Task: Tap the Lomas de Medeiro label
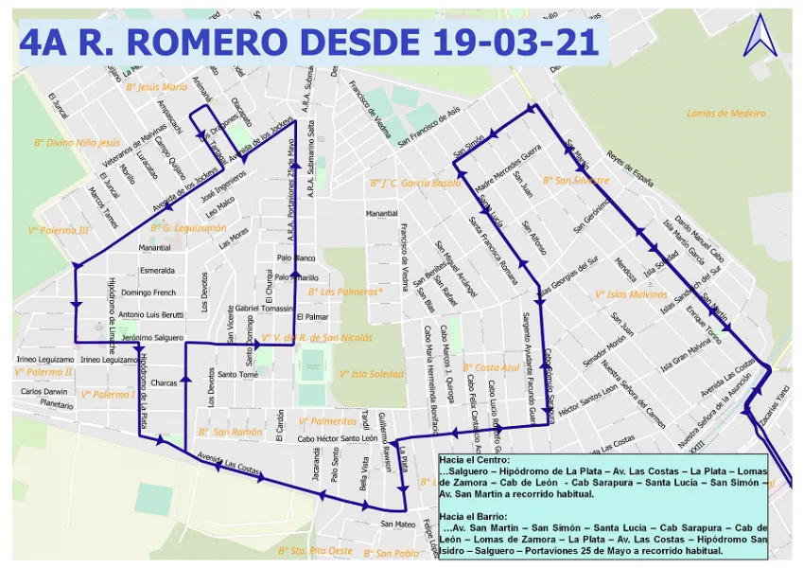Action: coord(725,113)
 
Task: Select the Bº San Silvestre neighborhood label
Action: coord(575,179)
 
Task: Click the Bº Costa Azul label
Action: coord(491,366)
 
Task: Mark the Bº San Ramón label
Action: coord(230,431)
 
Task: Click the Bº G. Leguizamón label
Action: coord(188,227)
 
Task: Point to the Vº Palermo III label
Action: coord(59,229)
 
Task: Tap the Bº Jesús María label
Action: coord(156,85)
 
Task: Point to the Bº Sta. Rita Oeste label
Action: coord(315,549)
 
